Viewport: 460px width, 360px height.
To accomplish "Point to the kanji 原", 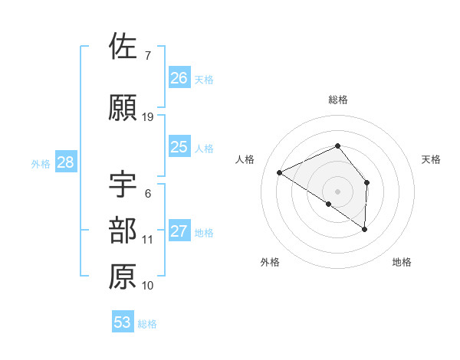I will [123, 277].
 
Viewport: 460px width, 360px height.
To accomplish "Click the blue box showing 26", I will [179, 77].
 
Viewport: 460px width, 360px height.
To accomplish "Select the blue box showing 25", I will [179, 147].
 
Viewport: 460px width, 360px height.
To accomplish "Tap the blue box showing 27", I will [179, 232].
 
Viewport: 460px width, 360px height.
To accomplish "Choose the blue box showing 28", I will [65, 162].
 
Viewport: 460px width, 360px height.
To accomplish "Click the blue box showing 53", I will [122, 322].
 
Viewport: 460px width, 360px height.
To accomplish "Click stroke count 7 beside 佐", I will [147, 55].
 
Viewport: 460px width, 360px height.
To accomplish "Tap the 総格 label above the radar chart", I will [337, 100].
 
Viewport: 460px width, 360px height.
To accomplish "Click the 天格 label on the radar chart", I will [431, 159].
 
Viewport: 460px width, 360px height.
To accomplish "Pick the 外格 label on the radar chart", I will [270, 262].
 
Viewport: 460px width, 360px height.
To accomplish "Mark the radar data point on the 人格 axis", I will [280, 172].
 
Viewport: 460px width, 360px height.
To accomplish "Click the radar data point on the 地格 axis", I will [365, 229].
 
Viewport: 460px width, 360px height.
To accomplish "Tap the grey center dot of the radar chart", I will [337, 191].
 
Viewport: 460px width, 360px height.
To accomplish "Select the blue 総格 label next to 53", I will [147, 324].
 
